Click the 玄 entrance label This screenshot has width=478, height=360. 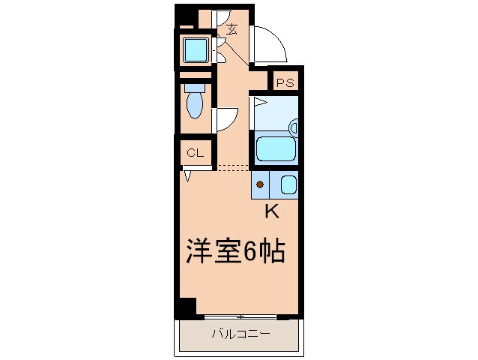(x=232, y=30)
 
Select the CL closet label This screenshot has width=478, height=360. (x=196, y=153)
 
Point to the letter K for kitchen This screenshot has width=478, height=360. (x=272, y=211)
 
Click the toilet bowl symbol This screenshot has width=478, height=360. (x=195, y=104)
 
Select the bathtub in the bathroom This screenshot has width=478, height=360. (x=276, y=148)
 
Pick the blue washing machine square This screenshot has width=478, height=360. (x=197, y=50)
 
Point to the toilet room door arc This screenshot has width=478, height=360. (x=228, y=118)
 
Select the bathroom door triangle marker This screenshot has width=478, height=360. (x=259, y=100)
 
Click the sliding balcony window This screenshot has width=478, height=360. (x=240, y=316)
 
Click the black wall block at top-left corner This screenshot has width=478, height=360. (x=184, y=15)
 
